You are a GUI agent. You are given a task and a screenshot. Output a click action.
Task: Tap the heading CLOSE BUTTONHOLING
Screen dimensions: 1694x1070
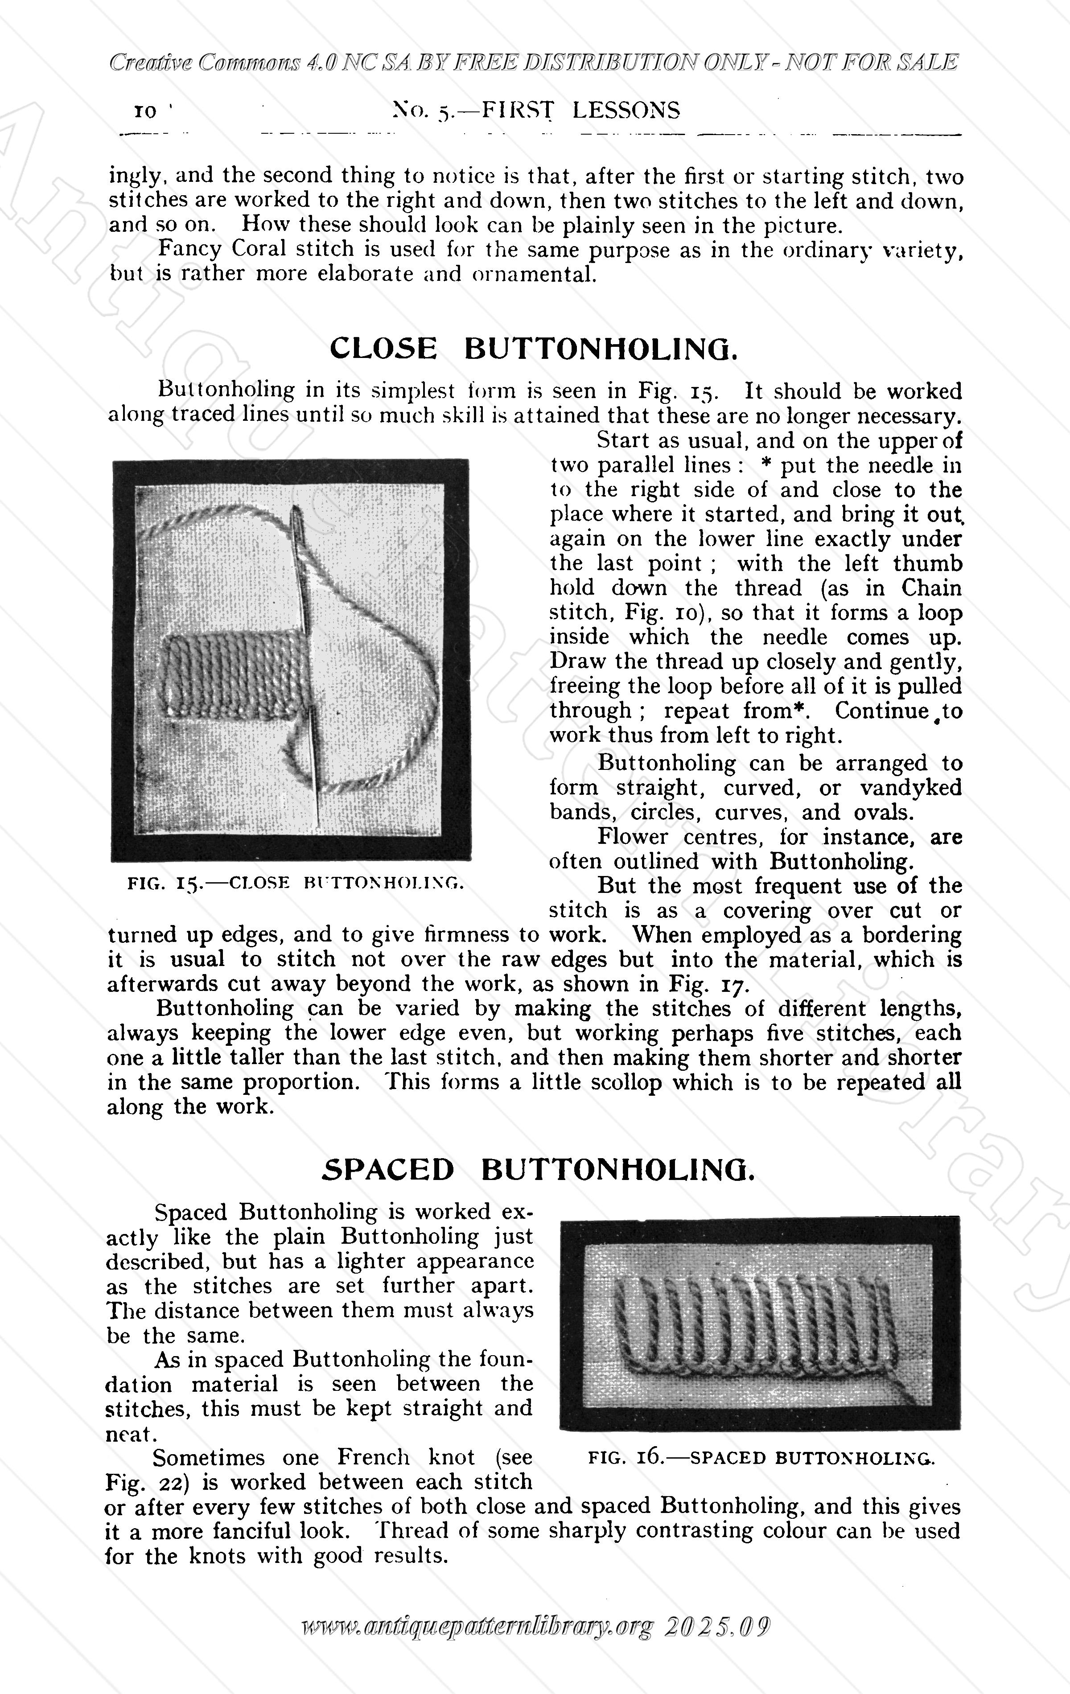[x=533, y=349]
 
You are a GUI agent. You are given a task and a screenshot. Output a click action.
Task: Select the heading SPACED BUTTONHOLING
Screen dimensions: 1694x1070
[x=538, y=1169]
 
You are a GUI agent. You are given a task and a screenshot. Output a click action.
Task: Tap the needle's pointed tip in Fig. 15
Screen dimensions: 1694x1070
[x=318, y=822]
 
